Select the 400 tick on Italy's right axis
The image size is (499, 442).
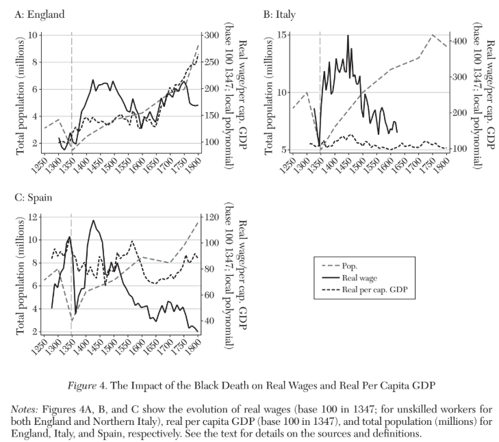coord(460,41)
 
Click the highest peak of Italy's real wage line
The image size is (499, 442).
coord(348,36)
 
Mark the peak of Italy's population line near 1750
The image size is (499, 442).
coord(433,35)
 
